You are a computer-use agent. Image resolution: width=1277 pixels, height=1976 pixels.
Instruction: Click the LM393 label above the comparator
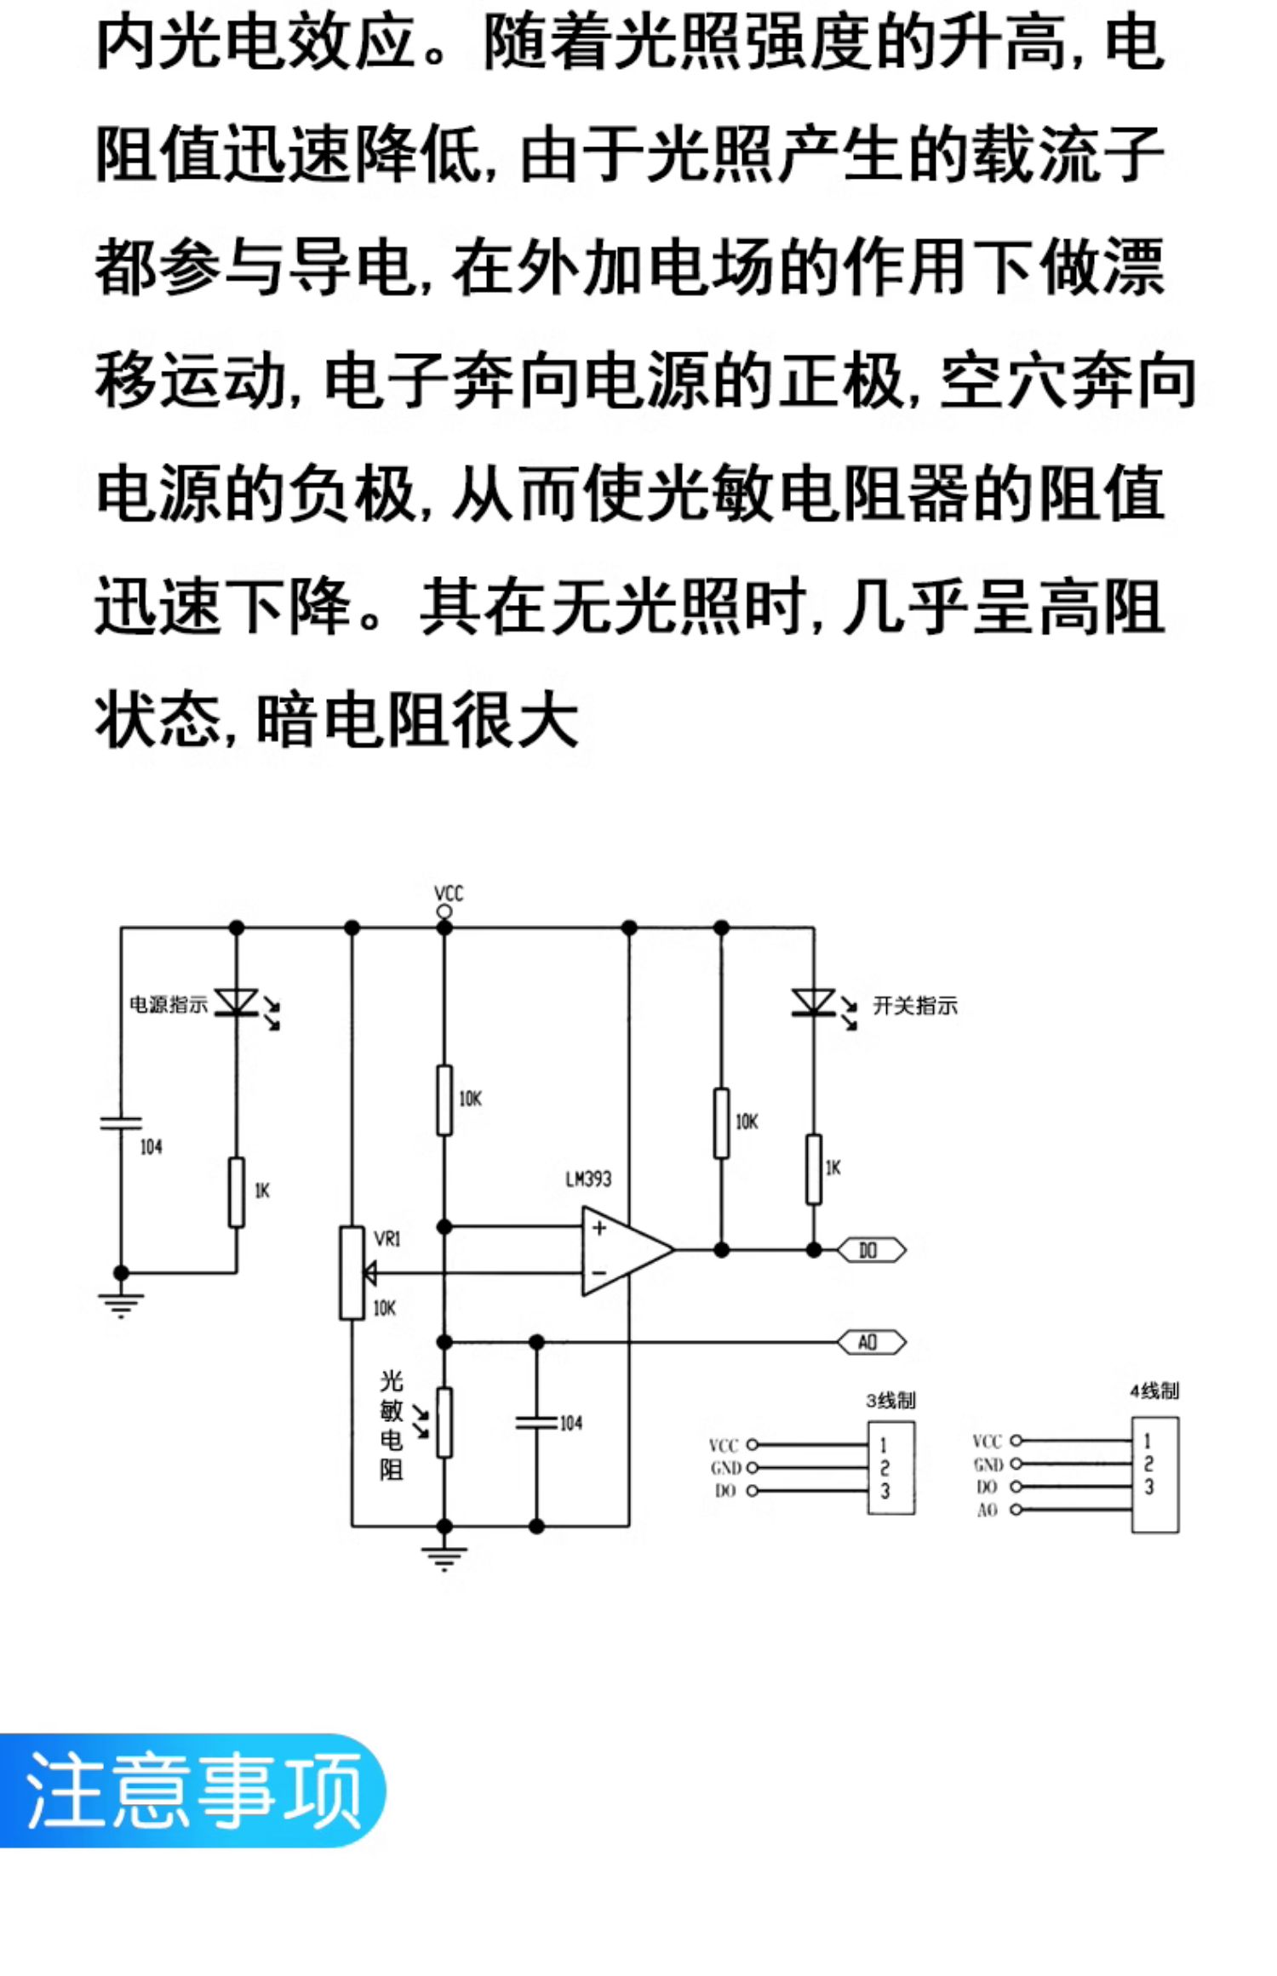click(588, 1179)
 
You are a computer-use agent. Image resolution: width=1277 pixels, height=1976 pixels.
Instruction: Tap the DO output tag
click(871, 1250)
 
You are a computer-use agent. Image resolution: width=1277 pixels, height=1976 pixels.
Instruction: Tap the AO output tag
click(871, 1342)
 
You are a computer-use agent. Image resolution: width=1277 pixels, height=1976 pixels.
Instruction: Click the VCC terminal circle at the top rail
click(444, 911)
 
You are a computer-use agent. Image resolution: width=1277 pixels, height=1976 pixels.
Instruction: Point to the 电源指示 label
click(169, 1004)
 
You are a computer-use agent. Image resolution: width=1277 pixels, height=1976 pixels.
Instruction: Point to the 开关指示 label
click(915, 1006)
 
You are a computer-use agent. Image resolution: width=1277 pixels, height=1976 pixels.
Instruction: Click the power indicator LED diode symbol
click(238, 1002)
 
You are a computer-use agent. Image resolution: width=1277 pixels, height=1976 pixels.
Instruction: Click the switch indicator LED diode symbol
click(814, 1002)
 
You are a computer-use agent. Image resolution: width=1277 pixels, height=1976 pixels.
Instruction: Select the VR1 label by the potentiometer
click(387, 1239)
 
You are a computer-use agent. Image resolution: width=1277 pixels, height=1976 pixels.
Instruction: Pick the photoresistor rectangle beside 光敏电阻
click(444, 1422)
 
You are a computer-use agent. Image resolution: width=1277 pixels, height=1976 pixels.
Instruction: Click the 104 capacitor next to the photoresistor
click(536, 1422)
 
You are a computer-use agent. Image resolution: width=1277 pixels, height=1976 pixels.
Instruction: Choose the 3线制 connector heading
click(890, 1400)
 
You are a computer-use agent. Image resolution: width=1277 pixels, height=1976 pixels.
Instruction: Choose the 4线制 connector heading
click(1154, 1391)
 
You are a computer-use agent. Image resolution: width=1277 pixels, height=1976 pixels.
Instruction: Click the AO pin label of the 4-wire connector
click(987, 1510)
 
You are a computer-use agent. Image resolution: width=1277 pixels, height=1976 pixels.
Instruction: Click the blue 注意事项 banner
click(192, 1790)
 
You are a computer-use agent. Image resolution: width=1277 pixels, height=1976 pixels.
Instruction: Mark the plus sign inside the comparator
click(599, 1227)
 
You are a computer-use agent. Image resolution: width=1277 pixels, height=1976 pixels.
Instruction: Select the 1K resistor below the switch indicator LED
click(814, 1169)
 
